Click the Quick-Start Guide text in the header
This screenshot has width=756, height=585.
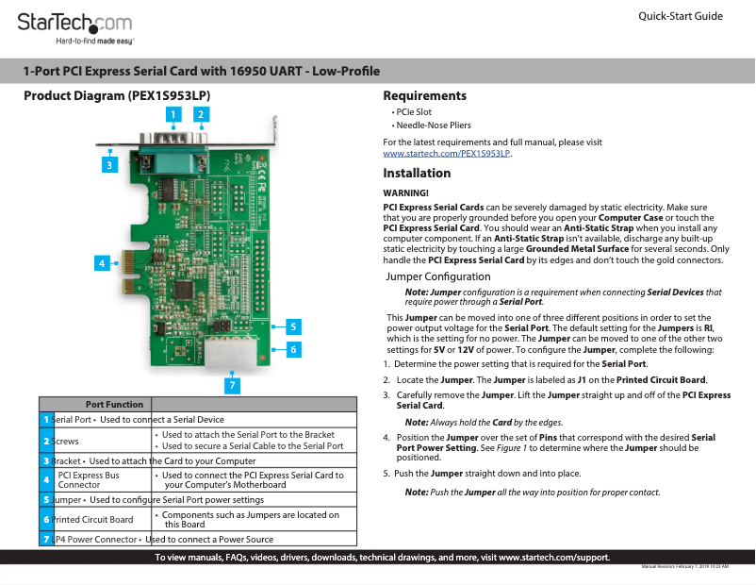(681, 16)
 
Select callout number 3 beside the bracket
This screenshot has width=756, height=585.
(109, 164)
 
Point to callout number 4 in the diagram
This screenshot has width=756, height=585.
(100, 263)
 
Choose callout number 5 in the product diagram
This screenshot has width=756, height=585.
(293, 326)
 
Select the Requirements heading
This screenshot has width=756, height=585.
(424, 96)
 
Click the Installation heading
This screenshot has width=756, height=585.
(417, 174)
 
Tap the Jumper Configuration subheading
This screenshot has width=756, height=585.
(438, 276)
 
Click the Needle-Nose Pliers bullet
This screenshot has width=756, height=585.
(433, 125)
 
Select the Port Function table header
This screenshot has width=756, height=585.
(114, 404)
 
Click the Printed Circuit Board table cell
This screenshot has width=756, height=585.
(92, 519)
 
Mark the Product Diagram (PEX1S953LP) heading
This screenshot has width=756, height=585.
(116, 96)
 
